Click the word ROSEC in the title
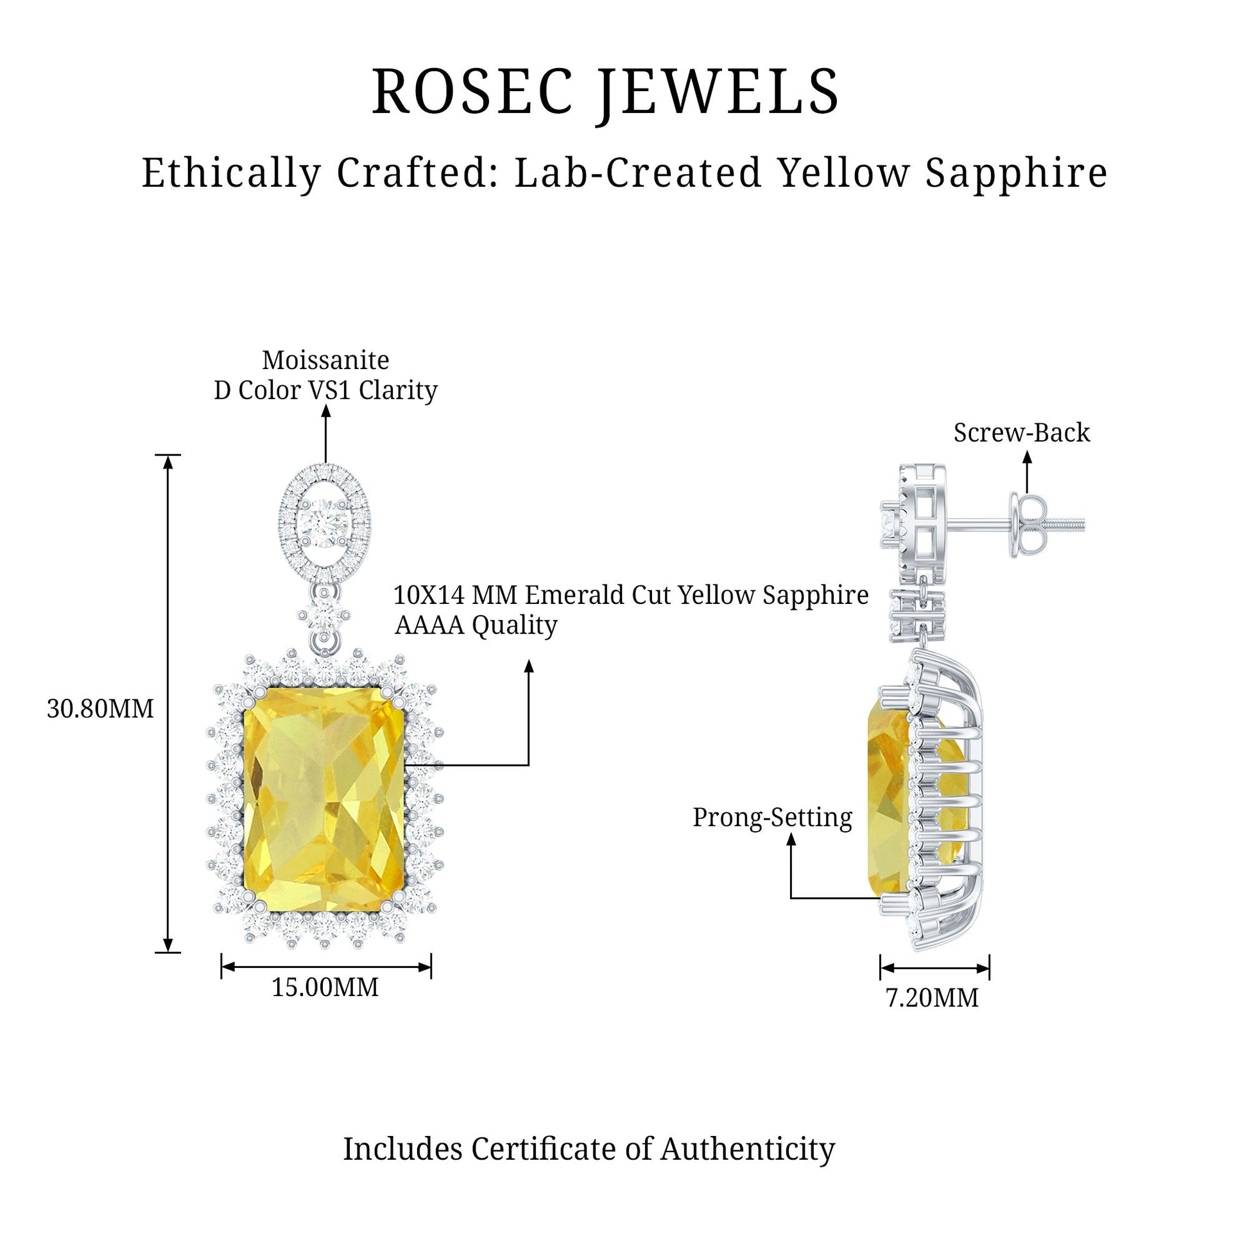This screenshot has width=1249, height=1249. (472, 92)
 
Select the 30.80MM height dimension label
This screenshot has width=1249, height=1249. (100, 709)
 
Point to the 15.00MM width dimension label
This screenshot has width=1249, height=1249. (325, 987)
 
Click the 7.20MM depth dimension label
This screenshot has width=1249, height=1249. (931, 997)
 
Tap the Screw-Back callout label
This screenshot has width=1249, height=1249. (1021, 433)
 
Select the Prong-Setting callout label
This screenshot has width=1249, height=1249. (772, 817)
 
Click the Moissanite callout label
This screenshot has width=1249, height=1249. (325, 360)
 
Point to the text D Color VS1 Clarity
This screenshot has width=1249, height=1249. (325, 390)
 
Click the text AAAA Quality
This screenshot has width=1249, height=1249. (476, 625)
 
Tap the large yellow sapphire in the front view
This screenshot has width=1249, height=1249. (324, 799)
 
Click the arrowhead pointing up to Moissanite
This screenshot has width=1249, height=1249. (326, 410)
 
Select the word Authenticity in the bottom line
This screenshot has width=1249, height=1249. (747, 1149)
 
